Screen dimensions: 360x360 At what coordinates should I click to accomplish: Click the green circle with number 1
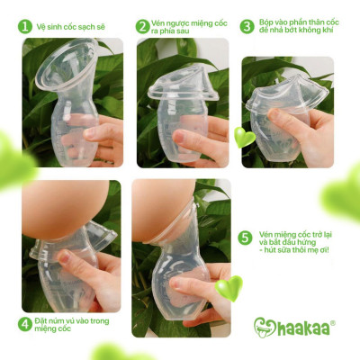coord(24,26)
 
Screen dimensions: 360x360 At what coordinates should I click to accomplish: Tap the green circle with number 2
coord(142,26)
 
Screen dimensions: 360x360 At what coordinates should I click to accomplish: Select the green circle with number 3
coord(246,26)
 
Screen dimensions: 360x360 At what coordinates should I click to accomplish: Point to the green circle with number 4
coord(25,323)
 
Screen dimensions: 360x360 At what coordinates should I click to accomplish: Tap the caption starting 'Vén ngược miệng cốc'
coord(185,26)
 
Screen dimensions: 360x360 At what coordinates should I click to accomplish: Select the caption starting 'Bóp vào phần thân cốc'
coord(293,26)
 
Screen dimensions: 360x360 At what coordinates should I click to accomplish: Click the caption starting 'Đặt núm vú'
coord(67,323)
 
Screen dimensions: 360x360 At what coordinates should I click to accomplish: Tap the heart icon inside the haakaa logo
coord(265,327)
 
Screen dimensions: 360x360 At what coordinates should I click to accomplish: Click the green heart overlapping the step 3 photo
coord(245,137)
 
